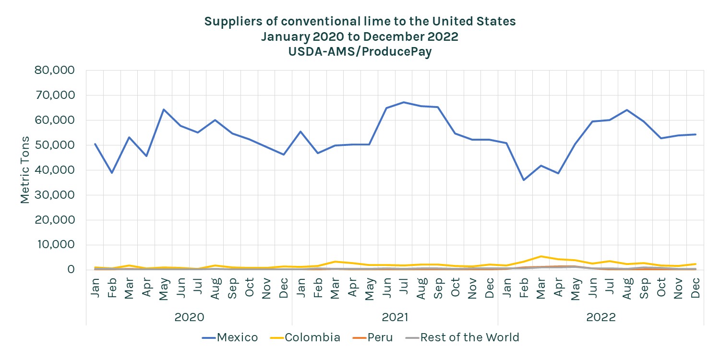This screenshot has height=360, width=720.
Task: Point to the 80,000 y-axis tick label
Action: point(55,71)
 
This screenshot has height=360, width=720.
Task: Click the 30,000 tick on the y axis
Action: point(55,195)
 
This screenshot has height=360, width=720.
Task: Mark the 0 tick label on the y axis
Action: point(71,270)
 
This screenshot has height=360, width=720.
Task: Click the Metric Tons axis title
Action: point(25,170)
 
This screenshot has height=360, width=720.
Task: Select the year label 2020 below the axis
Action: point(189,317)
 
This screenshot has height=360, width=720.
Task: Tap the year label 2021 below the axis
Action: point(395,317)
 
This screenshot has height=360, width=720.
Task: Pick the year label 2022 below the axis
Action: point(601,317)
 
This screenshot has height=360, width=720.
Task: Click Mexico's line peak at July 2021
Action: point(404,102)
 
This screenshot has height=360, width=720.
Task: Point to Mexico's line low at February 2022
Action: point(524,180)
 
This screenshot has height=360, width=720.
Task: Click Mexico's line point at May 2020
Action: point(164,109)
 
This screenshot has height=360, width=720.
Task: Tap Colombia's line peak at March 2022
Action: point(541,256)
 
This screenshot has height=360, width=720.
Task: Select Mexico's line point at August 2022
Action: point(627,110)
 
